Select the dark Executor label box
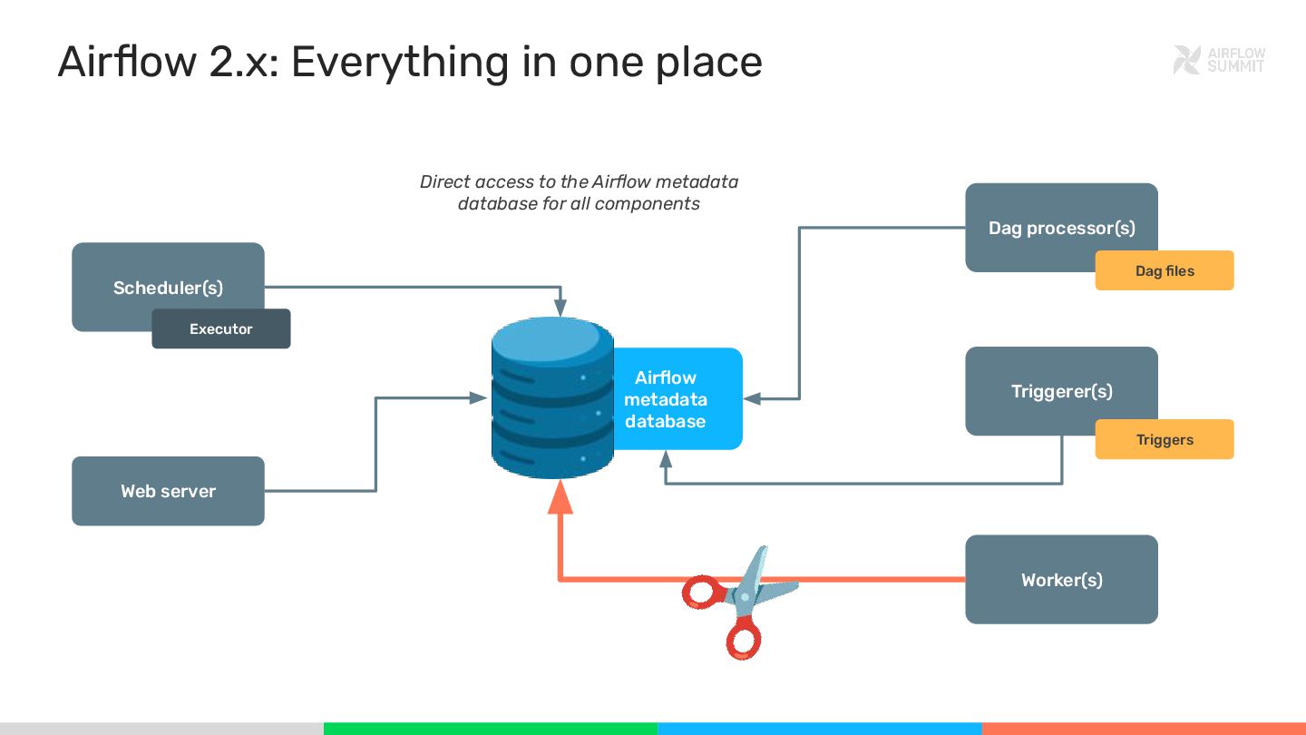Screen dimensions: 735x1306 pyautogui.click(x=221, y=329)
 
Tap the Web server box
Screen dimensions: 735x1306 pyautogui.click(x=168, y=491)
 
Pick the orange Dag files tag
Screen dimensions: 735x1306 pyautogui.click(x=1165, y=270)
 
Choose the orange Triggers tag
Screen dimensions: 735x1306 pyautogui.click(x=1165, y=439)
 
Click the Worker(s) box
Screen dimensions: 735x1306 pyautogui.click(x=1061, y=579)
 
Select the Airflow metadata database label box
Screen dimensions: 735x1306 pyautogui.click(x=676, y=399)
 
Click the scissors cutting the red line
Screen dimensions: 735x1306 pyautogui.click(x=739, y=599)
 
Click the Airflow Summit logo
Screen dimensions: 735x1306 pyautogui.click(x=1218, y=60)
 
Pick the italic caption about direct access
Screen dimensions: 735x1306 pyautogui.click(x=579, y=192)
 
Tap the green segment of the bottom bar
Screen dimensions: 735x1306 pyautogui.click(x=490, y=728)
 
